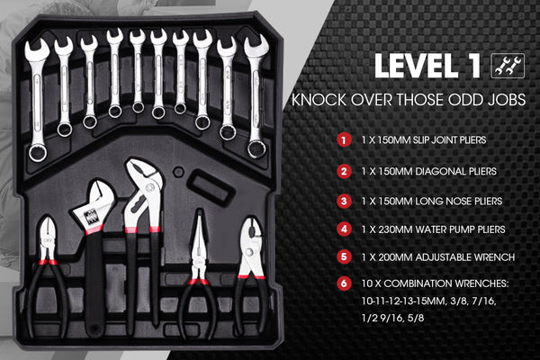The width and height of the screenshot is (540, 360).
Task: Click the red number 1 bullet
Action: (344, 140)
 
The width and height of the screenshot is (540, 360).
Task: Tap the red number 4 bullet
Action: (344, 229)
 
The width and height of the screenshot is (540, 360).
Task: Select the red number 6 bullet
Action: (344, 283)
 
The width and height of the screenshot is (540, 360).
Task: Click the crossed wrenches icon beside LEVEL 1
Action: (508, 66)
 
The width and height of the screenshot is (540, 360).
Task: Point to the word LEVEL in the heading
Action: (417, 66)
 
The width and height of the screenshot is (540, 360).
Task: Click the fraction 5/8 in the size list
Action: (416, 318)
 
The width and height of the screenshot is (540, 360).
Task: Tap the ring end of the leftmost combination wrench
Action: (38, 153)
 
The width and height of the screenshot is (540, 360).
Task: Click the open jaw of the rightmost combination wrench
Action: (256, 46)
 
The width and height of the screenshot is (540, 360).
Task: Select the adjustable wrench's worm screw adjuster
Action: (91, 217)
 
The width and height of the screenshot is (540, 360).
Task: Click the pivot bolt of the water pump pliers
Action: (149, 188)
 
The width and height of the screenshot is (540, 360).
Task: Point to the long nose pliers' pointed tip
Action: (199, 211)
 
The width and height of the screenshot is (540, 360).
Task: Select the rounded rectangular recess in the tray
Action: (210, 189)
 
